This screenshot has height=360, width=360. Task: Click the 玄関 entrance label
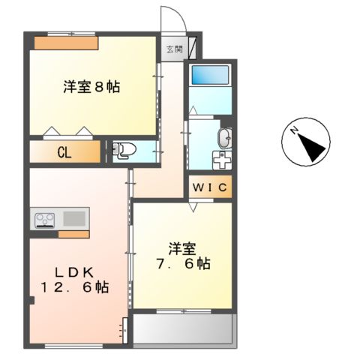click(x=174, y=50)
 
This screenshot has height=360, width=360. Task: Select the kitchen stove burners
click(x=43, y=220)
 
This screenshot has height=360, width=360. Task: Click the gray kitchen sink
click(x=74, y=219)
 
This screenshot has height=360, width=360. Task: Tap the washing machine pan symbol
click(x=221, y=161)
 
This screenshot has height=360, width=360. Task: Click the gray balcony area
click(x=184, y=327)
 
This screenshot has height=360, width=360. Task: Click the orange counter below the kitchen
click(x=73, y=235)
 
